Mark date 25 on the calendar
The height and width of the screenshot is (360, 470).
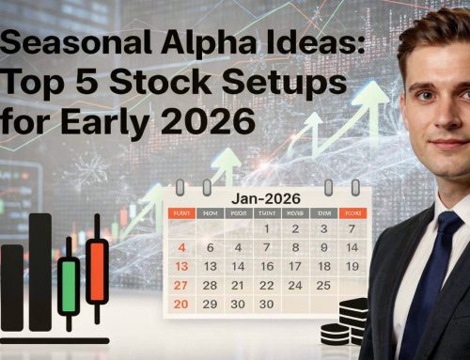click(322, 284)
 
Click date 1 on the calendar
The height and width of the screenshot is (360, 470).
click(267, 228)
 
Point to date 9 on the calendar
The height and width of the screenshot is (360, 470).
click(322, 247)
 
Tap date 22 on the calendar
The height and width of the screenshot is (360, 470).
click(267, 284)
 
